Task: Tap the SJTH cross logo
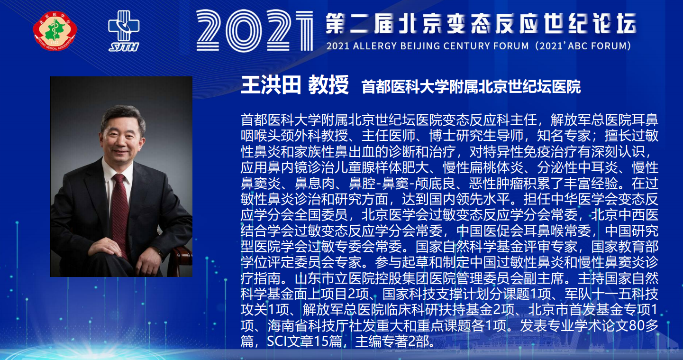tap(124, 31)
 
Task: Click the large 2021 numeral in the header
tap(255, 30)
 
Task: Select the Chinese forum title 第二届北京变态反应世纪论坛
tap(481, 24)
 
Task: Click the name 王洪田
tap(271, 85)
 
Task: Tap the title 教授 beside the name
tap(328, 85)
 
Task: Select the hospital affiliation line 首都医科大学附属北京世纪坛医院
tap(471, 87)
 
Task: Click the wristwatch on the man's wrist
tap(159, 252)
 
